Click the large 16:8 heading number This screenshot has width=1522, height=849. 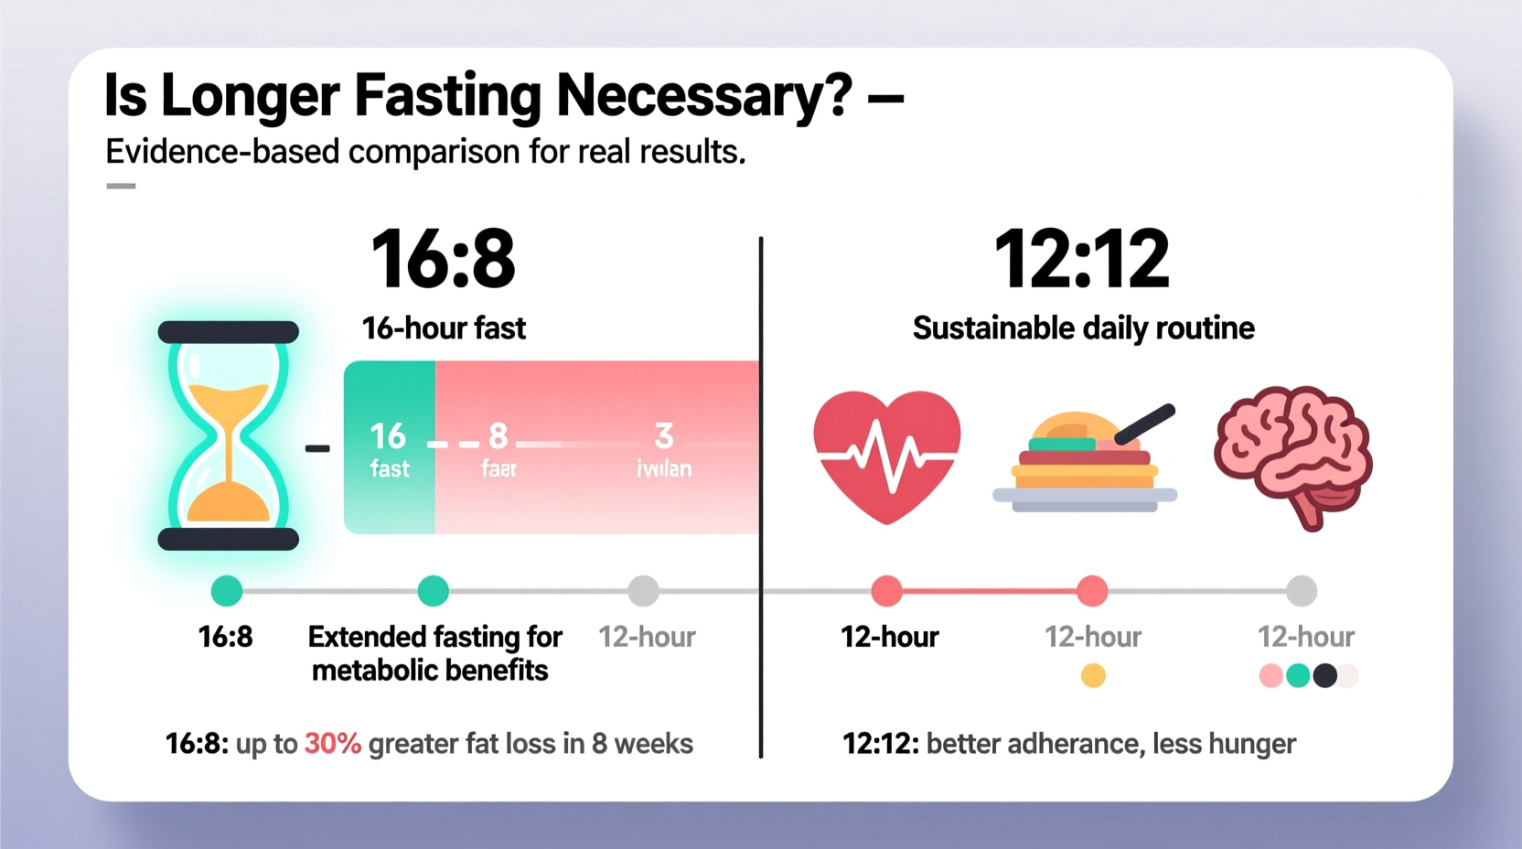coord(443,260)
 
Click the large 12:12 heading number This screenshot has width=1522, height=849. coord(1081,260)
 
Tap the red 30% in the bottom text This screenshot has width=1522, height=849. coord(332,744)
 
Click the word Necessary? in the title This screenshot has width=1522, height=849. coord(703,95)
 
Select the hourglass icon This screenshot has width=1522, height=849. coord(228,435)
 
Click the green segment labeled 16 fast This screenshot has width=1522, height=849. coord(390,447)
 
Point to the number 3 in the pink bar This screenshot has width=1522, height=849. coord(664,435)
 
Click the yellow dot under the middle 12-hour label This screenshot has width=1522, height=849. coord(1093,676)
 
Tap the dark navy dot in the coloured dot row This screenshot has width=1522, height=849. coord(1324,676)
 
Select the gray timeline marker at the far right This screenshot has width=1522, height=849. coord(1301,591)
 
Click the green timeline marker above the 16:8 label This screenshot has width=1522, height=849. coord(227,591)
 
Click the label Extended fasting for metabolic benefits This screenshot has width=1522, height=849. coord(434,653)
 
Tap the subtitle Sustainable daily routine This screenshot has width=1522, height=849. coord(1083,328)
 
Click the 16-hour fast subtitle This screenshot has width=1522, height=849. coord(444,328)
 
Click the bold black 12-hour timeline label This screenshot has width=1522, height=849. coord(889,637)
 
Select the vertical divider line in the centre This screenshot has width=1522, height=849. coord(761,494)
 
